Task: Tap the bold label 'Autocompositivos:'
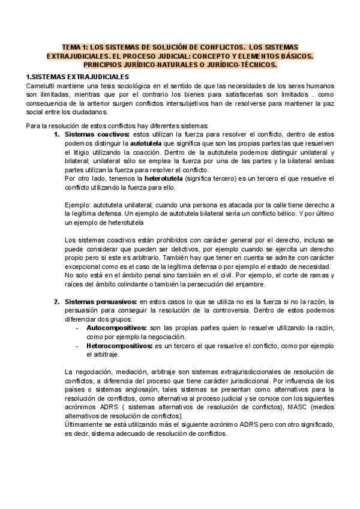[116, 329]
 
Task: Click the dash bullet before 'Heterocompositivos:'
[77, 346]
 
